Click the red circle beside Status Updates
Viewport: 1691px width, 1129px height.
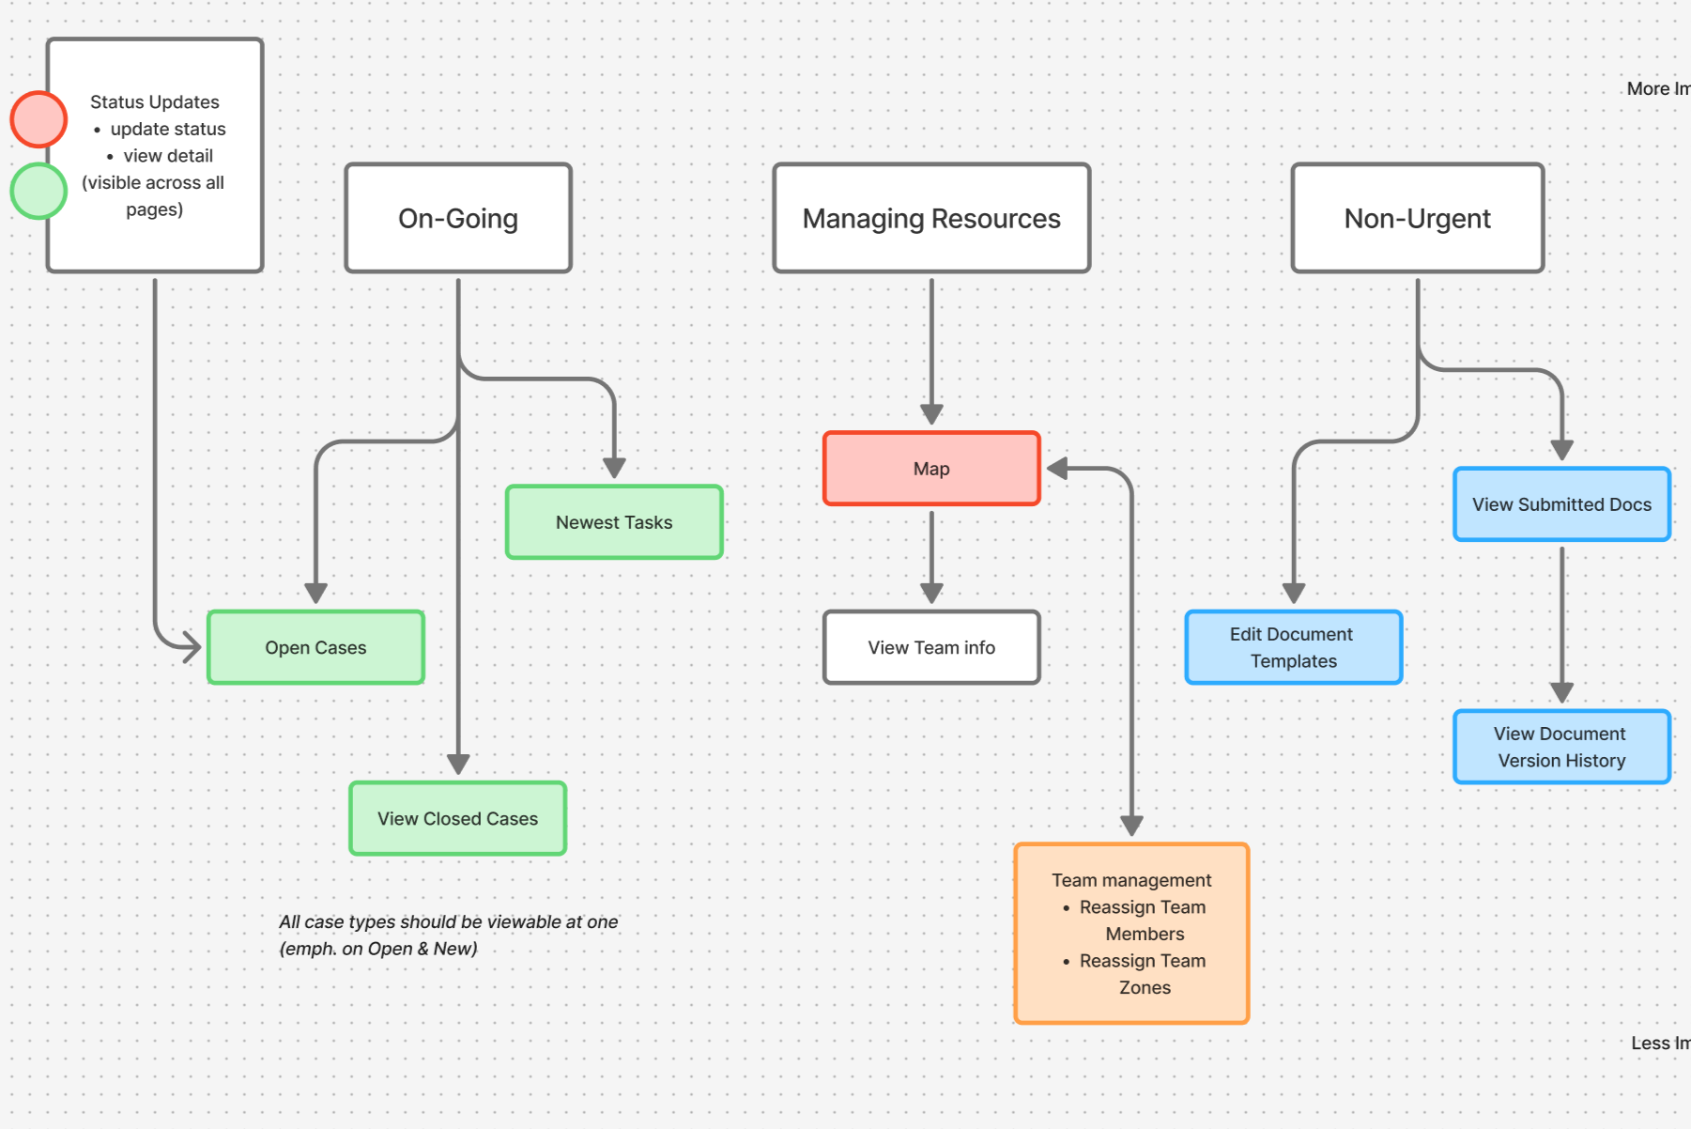[x=38, y=119]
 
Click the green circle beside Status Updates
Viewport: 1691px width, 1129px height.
[x=38, y=191]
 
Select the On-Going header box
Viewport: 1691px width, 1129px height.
[x=458, y=218]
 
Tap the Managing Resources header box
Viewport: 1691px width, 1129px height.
[x=931, y=218]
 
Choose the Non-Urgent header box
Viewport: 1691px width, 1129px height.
[x=1418, y=218]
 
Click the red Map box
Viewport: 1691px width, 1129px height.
[x=931, y=469]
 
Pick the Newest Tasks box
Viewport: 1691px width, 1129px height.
[x=614, y=522]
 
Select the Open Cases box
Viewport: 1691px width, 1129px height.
[x=315, y=647]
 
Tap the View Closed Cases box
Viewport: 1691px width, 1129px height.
[x=458, y=818]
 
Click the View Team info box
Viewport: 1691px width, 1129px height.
[x=931, y=647]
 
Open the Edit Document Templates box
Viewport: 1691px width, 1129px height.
[x=1294, y=647]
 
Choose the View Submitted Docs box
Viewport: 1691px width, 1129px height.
[x=1562, y=504]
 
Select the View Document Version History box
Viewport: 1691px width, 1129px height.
[x=1562, y=747]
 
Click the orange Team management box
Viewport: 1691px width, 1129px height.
[x=1132, y=934]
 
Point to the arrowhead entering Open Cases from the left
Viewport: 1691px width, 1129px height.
[x=192, y=647]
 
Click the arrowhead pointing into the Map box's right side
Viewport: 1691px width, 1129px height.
[x=1057, y=469]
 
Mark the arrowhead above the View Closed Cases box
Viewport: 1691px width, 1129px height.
[x=458, y=764]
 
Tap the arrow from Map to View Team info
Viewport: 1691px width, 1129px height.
[x=931, y=558]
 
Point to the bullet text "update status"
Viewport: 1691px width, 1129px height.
[x=168, y=129]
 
